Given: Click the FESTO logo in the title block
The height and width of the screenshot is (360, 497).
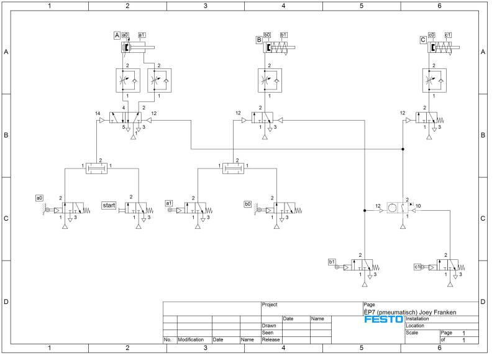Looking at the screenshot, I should (383, 319).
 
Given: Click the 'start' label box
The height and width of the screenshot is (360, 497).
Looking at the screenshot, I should (109, 205).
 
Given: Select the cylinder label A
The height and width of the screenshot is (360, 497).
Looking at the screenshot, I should (116, 35).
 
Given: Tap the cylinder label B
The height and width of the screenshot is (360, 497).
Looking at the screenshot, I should (258, 39).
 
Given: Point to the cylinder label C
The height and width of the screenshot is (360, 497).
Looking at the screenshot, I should (423, 39).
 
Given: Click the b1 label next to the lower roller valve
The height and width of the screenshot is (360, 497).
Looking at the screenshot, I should (332, 262).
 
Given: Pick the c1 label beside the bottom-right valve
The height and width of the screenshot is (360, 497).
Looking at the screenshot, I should (417, 267).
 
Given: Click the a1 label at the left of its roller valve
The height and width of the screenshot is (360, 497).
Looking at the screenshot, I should (168, 203).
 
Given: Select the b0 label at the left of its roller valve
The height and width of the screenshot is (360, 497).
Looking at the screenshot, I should (248, 203).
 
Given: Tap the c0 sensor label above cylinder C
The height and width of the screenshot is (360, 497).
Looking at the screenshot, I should (432, 35).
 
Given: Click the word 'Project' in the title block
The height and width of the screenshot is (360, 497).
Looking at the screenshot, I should (270, 305).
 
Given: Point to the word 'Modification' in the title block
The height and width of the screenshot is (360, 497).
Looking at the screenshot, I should (191, 340).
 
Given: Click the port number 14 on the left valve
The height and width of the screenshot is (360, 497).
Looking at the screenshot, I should (98, 113).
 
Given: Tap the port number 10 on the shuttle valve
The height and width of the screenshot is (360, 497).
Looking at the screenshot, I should (419, 205).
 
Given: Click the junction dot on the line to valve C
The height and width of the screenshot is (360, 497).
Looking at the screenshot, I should (403, 149).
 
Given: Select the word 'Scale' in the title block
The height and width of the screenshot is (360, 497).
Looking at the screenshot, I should (411, 333).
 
